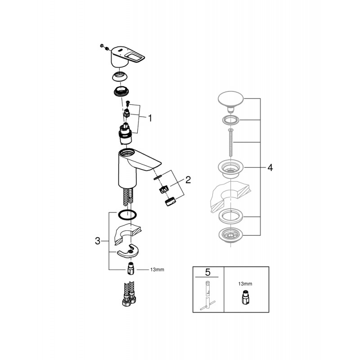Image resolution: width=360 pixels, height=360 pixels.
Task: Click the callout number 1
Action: [x=150, y=118]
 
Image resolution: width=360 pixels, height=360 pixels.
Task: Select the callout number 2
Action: [x=188, y=180]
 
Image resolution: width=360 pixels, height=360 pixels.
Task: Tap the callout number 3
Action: [x=98, y=241]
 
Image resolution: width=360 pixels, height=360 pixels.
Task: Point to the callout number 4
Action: [x=270, y=167]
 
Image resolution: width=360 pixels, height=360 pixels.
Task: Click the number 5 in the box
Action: [x=207, y=272]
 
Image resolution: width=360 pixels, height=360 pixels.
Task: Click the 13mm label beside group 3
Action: [x=157, y=270]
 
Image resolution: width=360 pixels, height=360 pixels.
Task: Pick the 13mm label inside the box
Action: [x=245, y=284]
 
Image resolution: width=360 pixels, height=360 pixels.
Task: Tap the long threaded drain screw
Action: [x=230, y=143]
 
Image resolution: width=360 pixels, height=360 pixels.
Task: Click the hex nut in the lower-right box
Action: [x=245, y=298]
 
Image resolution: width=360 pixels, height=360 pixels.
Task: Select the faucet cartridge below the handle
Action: [x=125, y=134]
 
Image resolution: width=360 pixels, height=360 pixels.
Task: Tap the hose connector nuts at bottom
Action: [x=129, y=300]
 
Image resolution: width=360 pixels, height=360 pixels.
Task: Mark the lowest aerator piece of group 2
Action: [x=170, y=202]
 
